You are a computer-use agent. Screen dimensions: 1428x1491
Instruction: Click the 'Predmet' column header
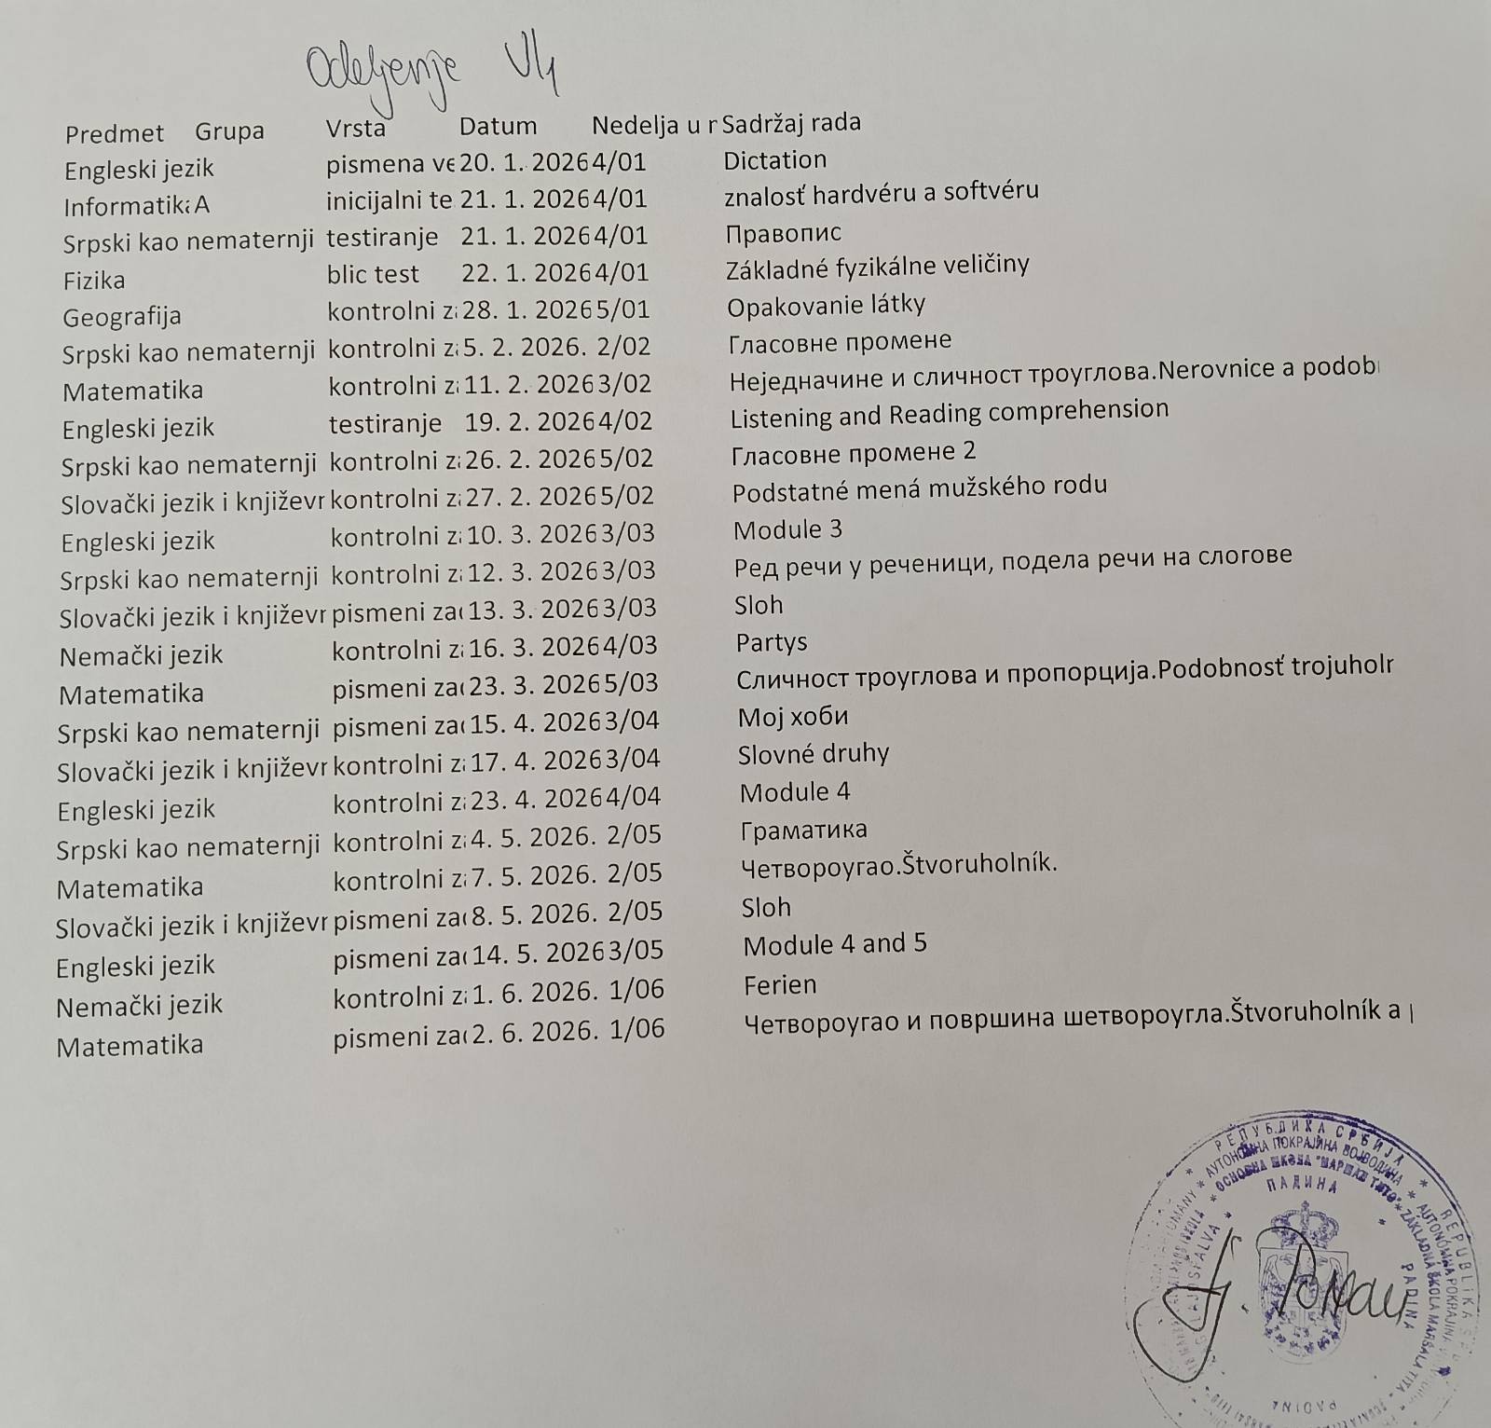pyautogui.click(x=114, y=133)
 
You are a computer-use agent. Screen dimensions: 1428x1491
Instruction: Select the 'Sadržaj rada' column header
pyautogui.click(x=791, y=122)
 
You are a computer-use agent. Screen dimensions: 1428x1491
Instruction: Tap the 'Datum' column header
pyautogui.click(x=498, y=126)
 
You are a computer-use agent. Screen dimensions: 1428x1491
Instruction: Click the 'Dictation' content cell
pyautogui.click(x=774, y=159)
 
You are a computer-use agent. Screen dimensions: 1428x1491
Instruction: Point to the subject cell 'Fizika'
pyautogui.click(x=93, y=280)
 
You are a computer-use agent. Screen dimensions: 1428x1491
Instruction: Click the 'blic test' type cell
pyautogui.click(x=373, y=273)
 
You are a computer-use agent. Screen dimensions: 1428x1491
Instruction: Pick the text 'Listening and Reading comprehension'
pyautogui.click(x=949, y=412)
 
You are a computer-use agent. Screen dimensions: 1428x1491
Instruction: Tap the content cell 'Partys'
pyautogui.click(x=771, y=642)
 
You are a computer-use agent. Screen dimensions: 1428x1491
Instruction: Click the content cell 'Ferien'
pyautogui.click(x=780, y=984)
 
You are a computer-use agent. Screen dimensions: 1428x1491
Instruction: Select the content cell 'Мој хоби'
pyautogui.click(x=792, y=717)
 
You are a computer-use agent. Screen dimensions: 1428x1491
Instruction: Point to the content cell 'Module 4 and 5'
pyautogui.click(x=834, y=944)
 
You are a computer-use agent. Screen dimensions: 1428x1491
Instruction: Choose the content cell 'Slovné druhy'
pyautogui.click(x=813, y=753)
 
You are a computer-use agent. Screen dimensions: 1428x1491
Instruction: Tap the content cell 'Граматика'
pyautogui.click(x=803, y=830)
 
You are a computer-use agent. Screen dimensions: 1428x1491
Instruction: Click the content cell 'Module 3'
pyautogui.click(x=787, y=529)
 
